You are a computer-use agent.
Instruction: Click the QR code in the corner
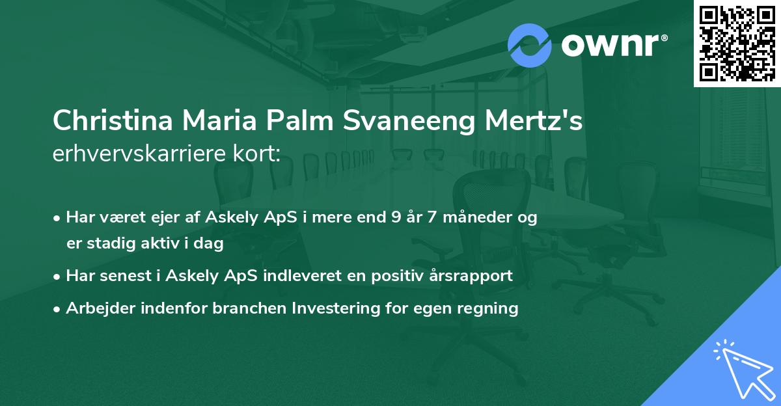pos(737,43)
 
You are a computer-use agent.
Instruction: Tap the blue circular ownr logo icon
pos(530,44)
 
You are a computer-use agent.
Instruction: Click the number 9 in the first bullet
pos(396,217)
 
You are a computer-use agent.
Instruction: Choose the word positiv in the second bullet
pos(390,275)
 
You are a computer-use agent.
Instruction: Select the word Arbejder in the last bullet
pos(96,308)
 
